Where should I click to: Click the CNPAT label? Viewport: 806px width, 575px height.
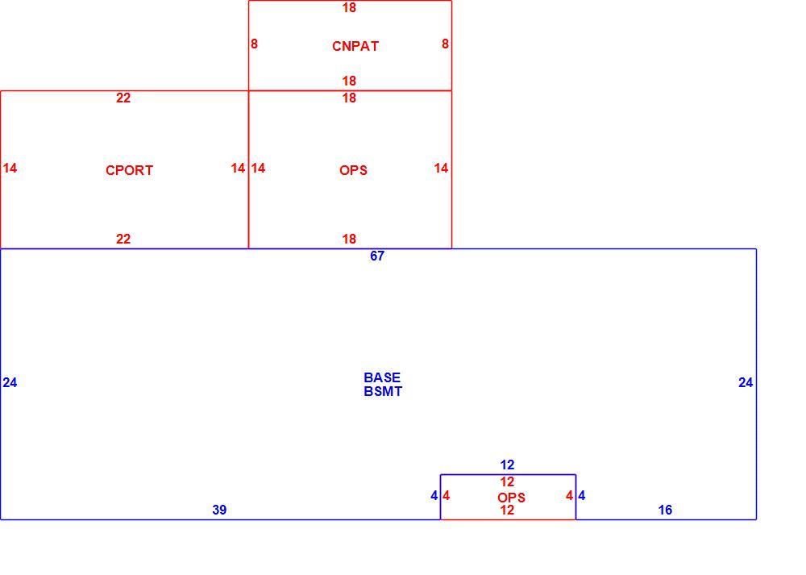click(x=355, y=46)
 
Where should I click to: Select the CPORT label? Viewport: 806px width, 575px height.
click(x=129, y=170)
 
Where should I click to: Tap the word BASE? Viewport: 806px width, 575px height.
click(x=382, y=377)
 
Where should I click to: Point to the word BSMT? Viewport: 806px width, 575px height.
click(x=383, y=391)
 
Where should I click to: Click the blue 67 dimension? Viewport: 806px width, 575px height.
click(x=376, y=256)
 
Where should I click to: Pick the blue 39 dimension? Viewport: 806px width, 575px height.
click(x=219, y=510)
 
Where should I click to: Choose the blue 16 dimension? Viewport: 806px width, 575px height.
click(x=665, y=510)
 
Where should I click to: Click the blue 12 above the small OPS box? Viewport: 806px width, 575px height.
click(x=507, y=465)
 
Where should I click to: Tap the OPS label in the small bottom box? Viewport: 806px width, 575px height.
click(x=512, y=498)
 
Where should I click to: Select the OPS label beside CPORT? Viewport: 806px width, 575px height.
click(x=353, y=170)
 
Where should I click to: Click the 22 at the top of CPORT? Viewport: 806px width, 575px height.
click(x=123, y=98)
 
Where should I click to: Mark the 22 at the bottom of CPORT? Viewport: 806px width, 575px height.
click(x=123, y=239)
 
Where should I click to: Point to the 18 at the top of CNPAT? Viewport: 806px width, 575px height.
click(x=349, y=7)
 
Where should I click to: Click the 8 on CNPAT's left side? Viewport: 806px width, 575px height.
click(x=254, y=44)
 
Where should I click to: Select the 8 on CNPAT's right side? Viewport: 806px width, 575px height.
click(x=445, y=44)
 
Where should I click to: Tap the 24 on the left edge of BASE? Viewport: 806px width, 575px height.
click(x=10, y=382)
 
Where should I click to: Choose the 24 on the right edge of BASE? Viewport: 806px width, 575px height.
click(x=746, y=382)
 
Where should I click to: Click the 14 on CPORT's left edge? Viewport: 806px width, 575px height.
click(x=10, y=168)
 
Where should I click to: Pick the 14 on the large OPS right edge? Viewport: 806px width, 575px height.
click(x=441, y=168)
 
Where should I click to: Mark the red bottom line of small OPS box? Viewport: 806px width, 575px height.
click(x=508, y=519)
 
